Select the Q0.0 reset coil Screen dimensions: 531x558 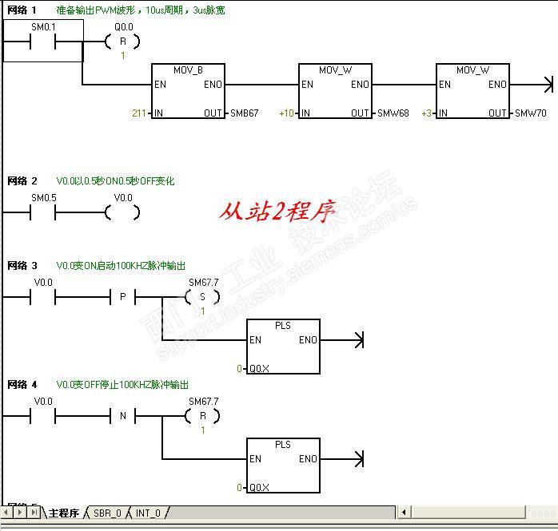122,42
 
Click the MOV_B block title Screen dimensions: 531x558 188,70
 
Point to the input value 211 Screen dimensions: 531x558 139,113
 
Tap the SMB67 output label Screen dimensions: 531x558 244,113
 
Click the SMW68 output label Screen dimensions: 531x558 393,113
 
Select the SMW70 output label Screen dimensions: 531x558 531,113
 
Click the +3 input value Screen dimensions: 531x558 426,113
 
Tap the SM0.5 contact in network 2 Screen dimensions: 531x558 42,212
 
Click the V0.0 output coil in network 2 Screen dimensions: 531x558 122,212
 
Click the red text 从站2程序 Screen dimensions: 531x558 277,212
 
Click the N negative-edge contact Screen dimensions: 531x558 122,416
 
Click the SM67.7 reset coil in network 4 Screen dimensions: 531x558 202,416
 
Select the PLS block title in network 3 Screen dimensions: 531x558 282,326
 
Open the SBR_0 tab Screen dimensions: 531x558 107,513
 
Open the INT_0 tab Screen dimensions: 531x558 148,513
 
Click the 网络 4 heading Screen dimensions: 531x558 22,385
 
